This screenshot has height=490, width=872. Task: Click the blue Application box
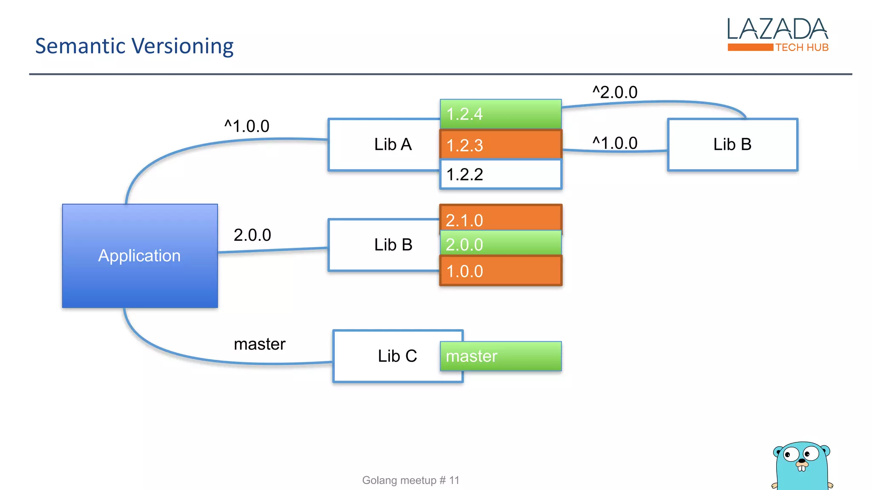(x=140, y=256)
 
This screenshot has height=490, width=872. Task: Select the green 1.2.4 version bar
(x=501, y=114)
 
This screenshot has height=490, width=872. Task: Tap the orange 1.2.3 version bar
(x=501, y=145)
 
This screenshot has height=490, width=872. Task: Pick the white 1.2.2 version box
(x=501, y=174)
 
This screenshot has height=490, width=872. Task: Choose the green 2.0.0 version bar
(x=501, y=244)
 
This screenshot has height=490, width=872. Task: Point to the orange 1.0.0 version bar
(x=501, y=271)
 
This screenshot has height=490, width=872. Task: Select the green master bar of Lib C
(x=501, y=356)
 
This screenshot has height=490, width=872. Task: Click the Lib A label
(x=393, y=145)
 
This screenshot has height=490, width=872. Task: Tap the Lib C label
(x=397, y=356)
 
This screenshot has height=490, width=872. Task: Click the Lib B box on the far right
(x=732, y=145)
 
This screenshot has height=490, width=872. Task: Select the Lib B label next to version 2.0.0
(x=393, y=245)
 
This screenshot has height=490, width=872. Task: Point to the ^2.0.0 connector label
(x=615, y=92)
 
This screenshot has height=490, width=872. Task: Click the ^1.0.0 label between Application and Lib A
(x=247, y=126)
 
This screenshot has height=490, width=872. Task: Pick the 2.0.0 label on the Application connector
(x=252, y=235)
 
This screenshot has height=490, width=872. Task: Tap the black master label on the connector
(x=259, y=344)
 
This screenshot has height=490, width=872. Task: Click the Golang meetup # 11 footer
(x=410, y=480)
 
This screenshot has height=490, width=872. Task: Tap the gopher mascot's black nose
(x=802, y=461)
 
